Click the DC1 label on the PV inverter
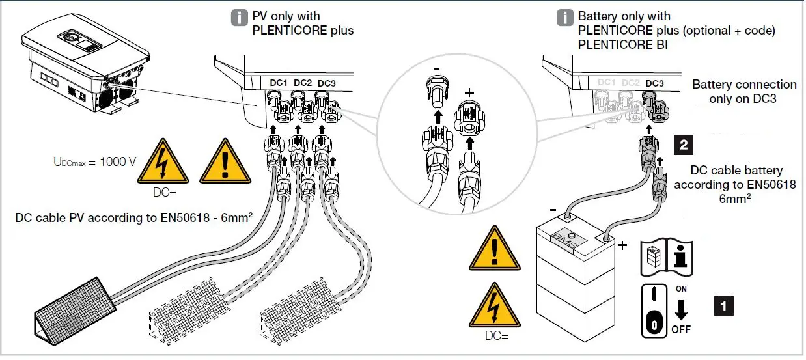279,83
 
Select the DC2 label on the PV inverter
303,83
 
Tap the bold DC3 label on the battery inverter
654,83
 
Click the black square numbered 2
683,145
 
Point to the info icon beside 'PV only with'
240,18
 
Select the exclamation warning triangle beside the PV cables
225,163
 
